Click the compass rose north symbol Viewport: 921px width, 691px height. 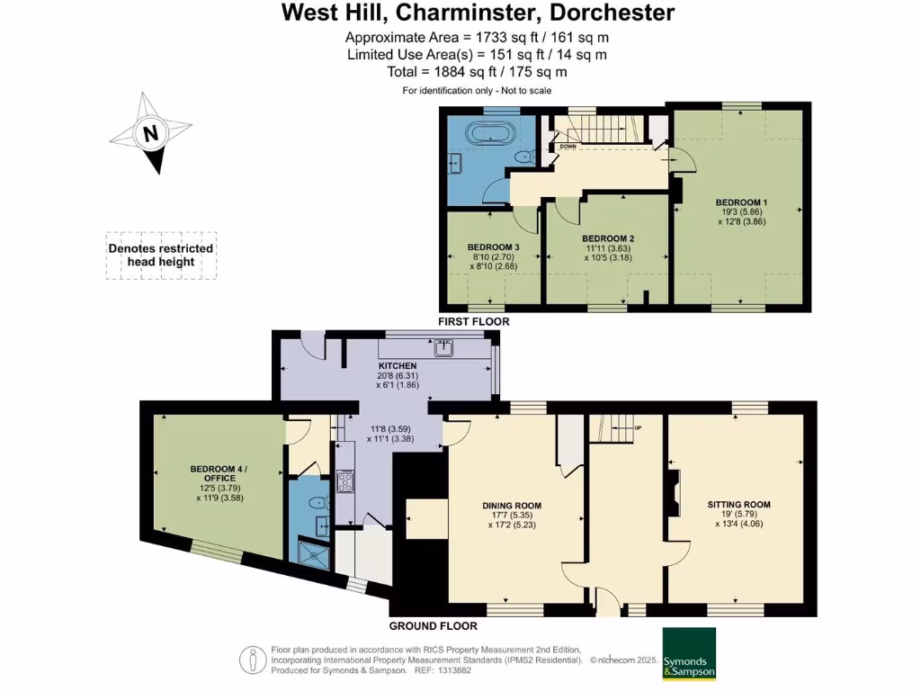pyautogui.click(x=150, y=135)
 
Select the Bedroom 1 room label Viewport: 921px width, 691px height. pyautogui.click(x=741, y=202)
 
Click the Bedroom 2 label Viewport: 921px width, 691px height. pyautogui.click(x=607, y=238)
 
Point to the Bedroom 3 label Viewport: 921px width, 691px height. pyautogui.click(x=493, y=247)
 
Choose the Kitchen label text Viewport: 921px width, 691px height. pyautogui.click(x=398, y=366)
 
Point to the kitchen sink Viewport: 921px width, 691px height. pyautogui.click(x=444, y=346)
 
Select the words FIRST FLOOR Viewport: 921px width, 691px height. pyautogui.click(x=473, y=321)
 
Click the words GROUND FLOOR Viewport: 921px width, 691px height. pyautogui.click(x=433, y=626)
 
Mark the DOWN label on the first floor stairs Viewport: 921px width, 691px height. pyautogui.click(x=568, y=146)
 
